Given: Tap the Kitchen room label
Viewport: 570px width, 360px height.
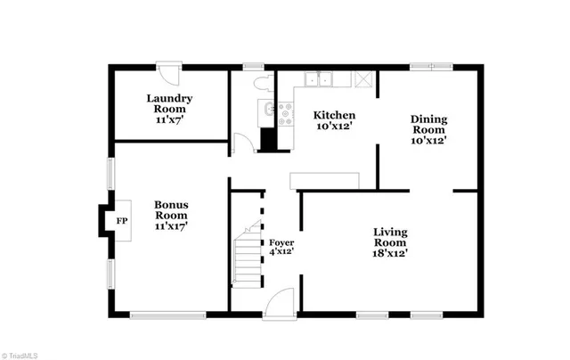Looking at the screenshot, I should pyautogui.click(x=334, y=121).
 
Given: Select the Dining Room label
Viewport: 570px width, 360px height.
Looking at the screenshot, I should pyautogui.click(x=428, y=129).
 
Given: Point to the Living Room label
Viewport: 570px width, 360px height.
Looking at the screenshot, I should pyautogui.click(x=390, y=242).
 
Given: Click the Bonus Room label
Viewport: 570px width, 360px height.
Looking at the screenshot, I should pyautogui.click(x=171, y=215).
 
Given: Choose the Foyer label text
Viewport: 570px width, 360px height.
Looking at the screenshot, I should pyautogui.click(x=281, y=247).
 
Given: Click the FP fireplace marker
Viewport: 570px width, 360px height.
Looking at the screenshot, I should pyautogui.click(x=121, y=220).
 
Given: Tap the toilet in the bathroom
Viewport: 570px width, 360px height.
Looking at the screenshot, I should pyautogui.click(x=261, y=83).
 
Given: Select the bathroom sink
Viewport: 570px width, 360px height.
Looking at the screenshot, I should pyautogui.click(x=267, y=110).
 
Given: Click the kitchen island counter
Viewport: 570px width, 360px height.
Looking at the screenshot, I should pyautogui.click(x=324, y=180).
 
